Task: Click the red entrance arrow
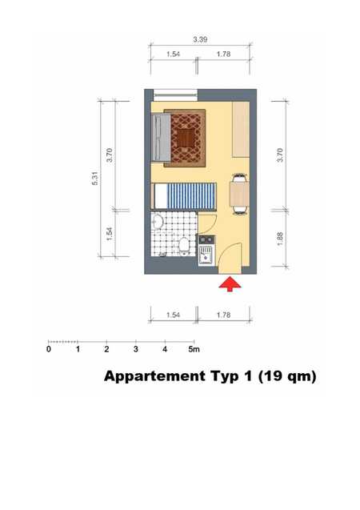pyautogui.click(x=230, y=283)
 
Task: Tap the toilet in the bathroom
pyautogui.click(x=184, y=247)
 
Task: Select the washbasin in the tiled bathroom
pyautogui.click(x=158, y=222)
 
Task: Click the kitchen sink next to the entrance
pyautogui.click(x=206, y=255)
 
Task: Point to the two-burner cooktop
pyautogui.click(x=206, y=239)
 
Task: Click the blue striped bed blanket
pyautogui.click(x=191, y=196)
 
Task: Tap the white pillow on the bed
pyautogui.click(x=161, y=196)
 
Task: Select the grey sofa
pyautogui.click(x=161, y=137)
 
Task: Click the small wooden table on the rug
pyautogui.click(x=186, y=139)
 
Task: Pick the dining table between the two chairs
pyautogui.click(x=239, y=194)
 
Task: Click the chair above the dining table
pyautogui.click(x=239, y=178)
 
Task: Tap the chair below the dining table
pyautogui.click(x=239, y=210)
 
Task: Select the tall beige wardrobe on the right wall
pyautogui.click(x=241, y=130)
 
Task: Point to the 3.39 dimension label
pyautogui.click(x=200, y=39)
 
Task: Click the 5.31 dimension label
pyautogui.click(x=95, y=179)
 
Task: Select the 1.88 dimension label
pyautogui.click(x=280, y=239)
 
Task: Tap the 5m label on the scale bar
pyautogui.click(x=194, y=349)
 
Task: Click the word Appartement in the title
pyautogui.click(x=154, y=376)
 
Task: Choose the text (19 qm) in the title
pyautogui.click(x=287, y=376)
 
